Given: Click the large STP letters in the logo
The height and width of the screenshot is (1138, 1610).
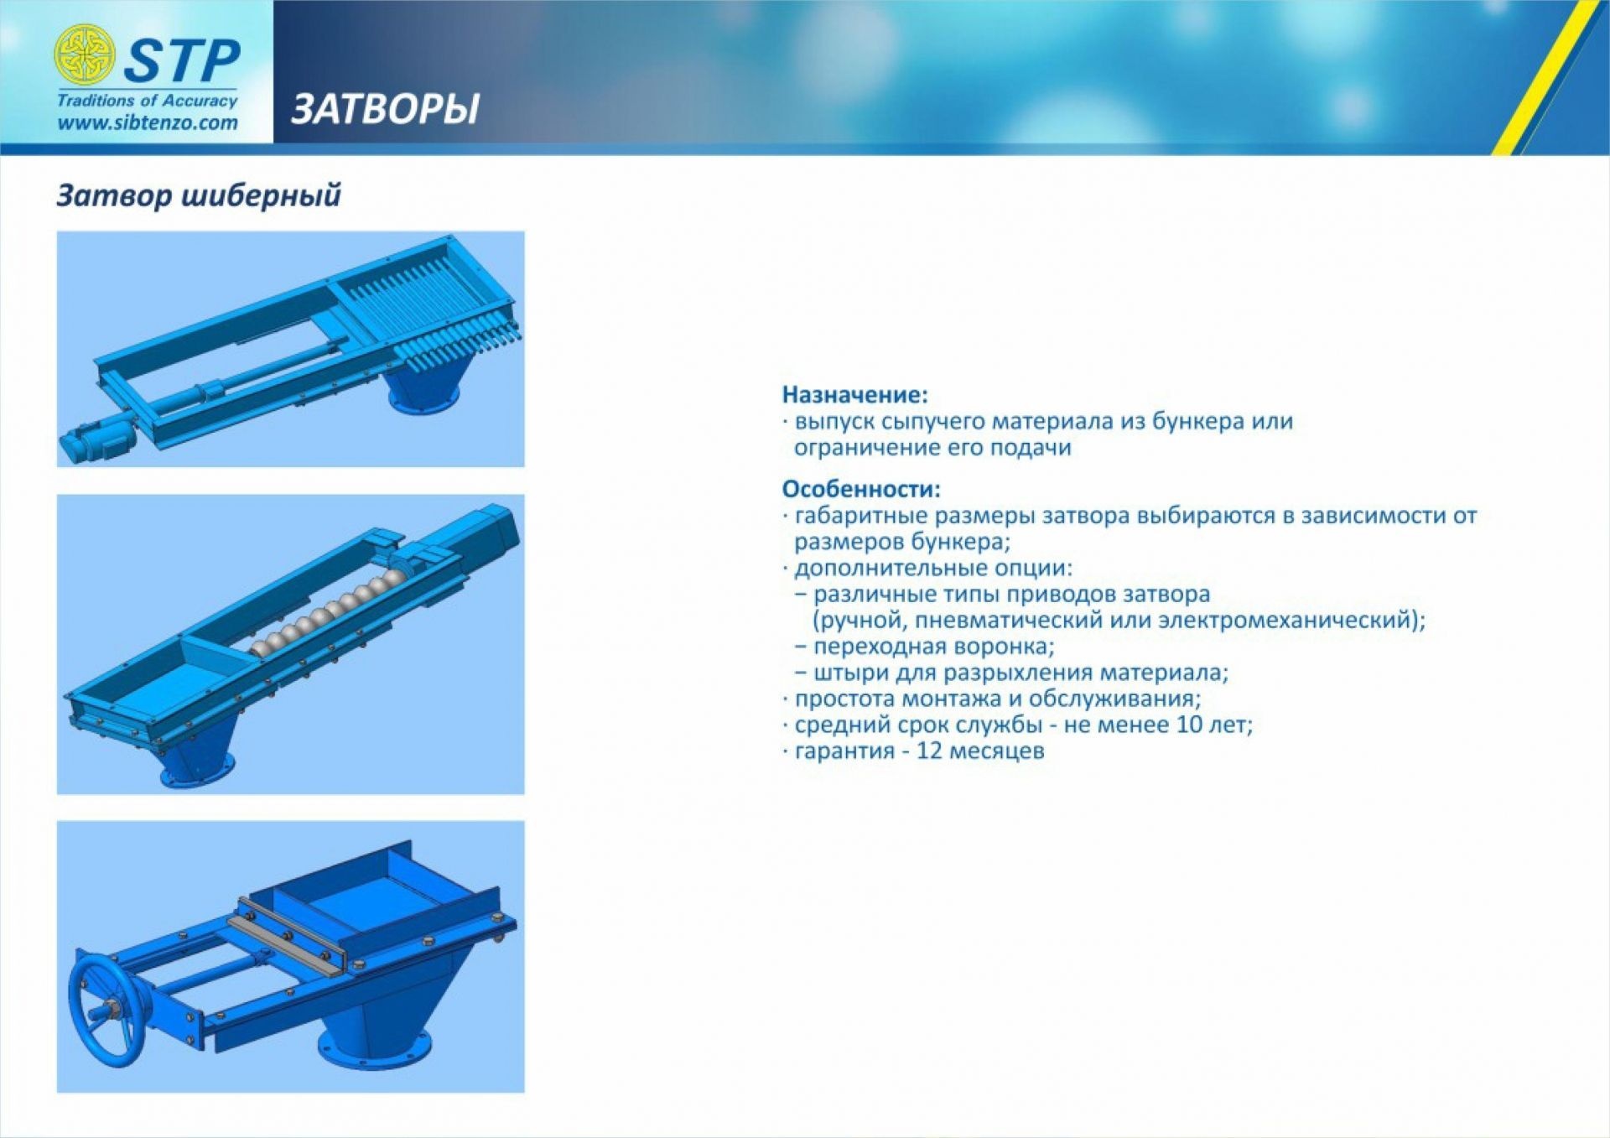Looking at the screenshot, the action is (x=182, y=60).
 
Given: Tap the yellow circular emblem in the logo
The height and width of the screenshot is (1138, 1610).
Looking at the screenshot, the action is (x=84, y=55).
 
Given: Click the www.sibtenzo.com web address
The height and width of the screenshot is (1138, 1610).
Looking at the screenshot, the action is (x=148, y=122).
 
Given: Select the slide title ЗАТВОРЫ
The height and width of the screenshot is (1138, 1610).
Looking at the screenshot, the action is (x=385, y=109).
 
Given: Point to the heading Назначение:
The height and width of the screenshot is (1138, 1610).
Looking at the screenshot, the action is (x=855, y=394).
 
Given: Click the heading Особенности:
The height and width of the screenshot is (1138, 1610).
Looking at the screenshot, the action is (x=861, y=488).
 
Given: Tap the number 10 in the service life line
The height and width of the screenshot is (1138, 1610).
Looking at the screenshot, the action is (x=1189, y=724).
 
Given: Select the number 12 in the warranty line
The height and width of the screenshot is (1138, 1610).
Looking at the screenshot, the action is (x=930, y=750).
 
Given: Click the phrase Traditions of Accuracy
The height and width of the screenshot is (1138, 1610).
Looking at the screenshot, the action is (x=148, y=101).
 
